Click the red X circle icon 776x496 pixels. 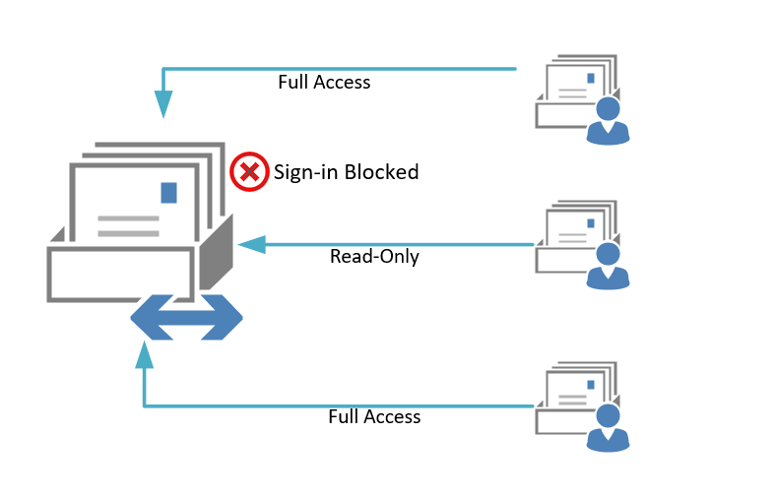[249, 172]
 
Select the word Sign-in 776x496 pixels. [304, 172]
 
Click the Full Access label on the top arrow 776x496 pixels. [324, 83]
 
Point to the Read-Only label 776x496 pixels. [374, 257]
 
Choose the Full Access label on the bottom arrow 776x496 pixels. [374, 417]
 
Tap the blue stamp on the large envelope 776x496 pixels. [169, 192]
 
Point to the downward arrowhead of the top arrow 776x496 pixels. [163, 103]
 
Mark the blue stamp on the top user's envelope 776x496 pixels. [591, 78]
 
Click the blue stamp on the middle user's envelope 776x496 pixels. [591, 222]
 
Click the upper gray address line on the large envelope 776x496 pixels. [128, 217]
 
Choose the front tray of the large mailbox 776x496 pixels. [120, 273]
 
